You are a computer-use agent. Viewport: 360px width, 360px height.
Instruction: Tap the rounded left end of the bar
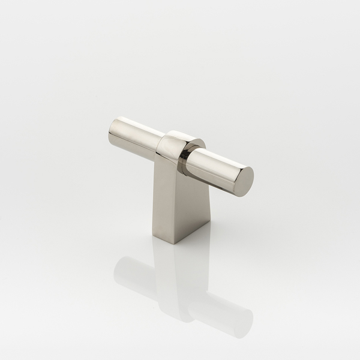click(113, 131)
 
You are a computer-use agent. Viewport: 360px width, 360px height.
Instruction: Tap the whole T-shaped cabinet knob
click(180, 174)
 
